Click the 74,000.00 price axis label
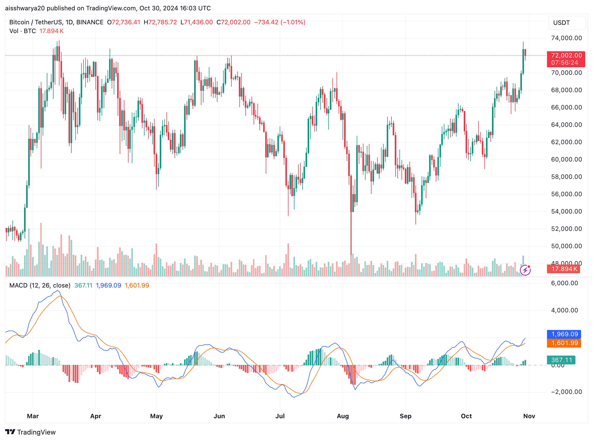(x=566, y=38)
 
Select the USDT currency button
(x=567, y=23)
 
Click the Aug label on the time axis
(x=343, y=416)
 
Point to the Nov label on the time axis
(x=529, y=416)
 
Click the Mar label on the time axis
(x=33, y=416)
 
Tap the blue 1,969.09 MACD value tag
(x=564, y=334)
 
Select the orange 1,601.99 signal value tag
(x=564, y=343)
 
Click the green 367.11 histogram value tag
(x=561, y=360)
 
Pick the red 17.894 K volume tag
(x=564, y=269)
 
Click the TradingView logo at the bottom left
(x=31, y=432)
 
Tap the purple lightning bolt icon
(x=525, y=270)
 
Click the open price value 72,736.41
(x=126, y=22)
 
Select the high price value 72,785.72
(x=162, y=22)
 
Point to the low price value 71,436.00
(x=199, y=22)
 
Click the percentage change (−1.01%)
(x=293, y=22)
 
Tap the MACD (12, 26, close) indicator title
(x=40, y=285)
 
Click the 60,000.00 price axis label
(x=566, y=159)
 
